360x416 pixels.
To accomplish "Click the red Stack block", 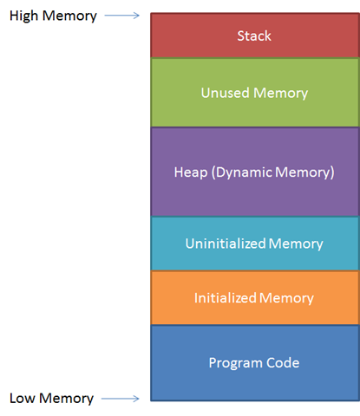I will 253,36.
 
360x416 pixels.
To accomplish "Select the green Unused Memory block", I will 253,92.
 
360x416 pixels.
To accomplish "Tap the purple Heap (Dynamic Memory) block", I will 253,172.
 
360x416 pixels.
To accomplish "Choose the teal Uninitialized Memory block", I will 253,244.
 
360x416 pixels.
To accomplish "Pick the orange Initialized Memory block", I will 253,297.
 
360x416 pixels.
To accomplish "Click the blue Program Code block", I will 253,362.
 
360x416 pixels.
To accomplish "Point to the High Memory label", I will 53,16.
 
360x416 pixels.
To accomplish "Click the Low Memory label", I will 51,399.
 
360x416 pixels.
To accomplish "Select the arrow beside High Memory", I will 126,16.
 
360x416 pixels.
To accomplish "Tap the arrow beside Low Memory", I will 126,400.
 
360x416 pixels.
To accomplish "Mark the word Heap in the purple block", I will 192,172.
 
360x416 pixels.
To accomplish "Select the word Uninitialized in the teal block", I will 225,244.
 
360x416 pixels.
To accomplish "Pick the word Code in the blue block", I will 283,362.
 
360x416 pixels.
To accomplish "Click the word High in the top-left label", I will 24,16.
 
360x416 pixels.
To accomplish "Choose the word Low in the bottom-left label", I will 23,399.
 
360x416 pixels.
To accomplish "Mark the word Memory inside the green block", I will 280,92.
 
